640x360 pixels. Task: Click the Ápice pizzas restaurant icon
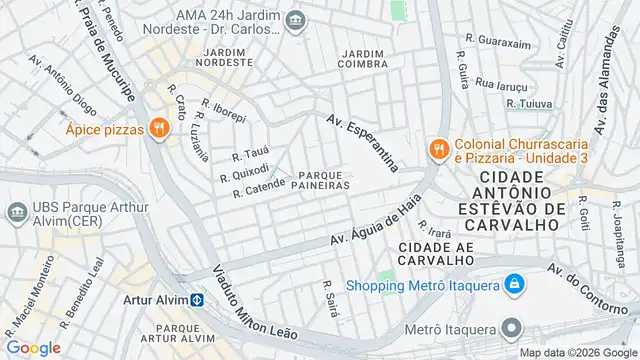pyautogui.click(x=158, y=128)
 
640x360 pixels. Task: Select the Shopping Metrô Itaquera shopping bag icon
pyautogui.click(x=514, y=284)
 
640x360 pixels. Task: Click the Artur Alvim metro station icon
pyautogui.click(x=198, y=299)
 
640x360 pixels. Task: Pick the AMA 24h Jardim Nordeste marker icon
pyautogui.click(x=295, y=20)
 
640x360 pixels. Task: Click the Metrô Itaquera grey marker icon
pyautogui.click(x=512, y=329)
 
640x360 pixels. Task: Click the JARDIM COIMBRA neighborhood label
pyautogui.click(x=363, y=59)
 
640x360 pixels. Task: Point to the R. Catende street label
pyautogui.click(x=259, y=187)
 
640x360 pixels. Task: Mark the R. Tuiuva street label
pyautogui.click(x=530, y=102)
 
